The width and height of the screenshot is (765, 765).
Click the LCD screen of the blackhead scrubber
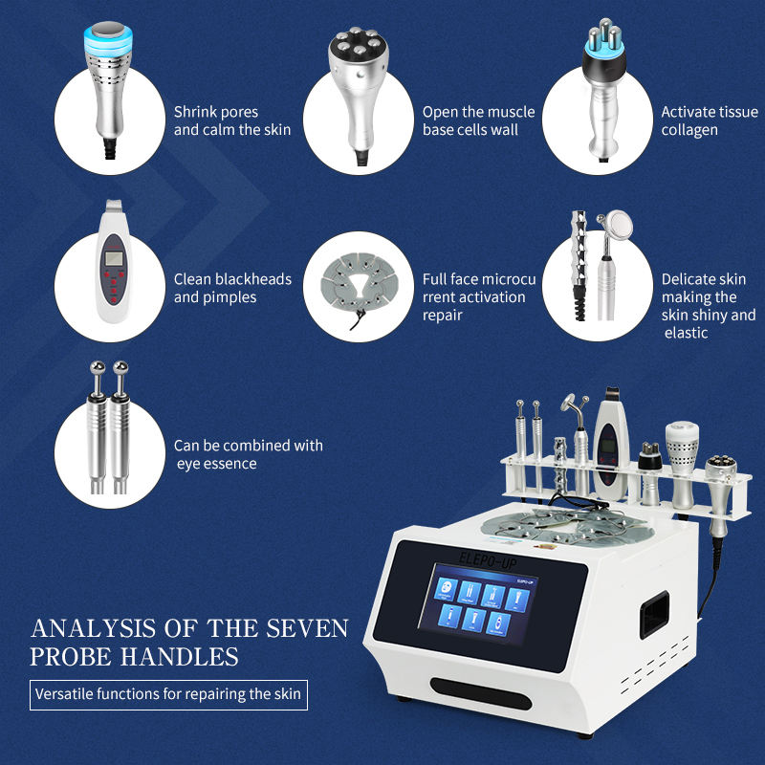tap(114, 257)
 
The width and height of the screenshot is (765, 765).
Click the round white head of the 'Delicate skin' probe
tap(619, 226)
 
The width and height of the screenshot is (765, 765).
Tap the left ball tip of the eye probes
tap(98, 367)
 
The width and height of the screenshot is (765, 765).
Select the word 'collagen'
tap(689, 131)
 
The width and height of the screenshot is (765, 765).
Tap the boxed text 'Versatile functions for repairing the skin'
tap(168, 694)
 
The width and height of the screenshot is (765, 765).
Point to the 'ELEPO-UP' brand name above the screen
tap(488, 561)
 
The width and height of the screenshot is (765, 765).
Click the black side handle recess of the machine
tap(654, 614)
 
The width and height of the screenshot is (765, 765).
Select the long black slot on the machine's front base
tap(481, 693)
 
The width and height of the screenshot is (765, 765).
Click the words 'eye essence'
tap(217, 464)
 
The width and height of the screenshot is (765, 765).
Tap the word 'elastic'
tap(686, 333)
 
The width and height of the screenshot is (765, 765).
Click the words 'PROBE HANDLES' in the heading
tap(134, 657)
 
